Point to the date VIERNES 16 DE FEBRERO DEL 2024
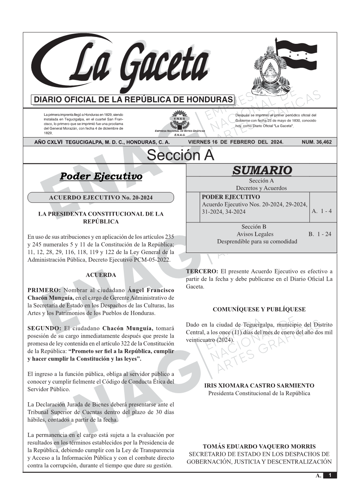tap(235, 142)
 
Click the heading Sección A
tap(180, 155)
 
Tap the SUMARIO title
tap(262, 170)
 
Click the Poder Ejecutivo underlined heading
tap(101, 176)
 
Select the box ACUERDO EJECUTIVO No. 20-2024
tap(101, 197)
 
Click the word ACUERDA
tap(101, 275)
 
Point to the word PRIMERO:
tap(44, 290)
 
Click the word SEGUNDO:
tap(44, 328)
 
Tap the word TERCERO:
tap(202, 271)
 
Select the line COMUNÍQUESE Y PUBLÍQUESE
tap(259, 309)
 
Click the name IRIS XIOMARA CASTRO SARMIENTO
tap(259, 386)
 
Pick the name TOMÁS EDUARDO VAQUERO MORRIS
tap(259, 446)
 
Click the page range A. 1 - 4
tap(322, 211)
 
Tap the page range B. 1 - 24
tap(320, 234)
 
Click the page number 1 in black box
tap(330, 475)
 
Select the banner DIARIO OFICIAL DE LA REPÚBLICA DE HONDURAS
tap(133, 100)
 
